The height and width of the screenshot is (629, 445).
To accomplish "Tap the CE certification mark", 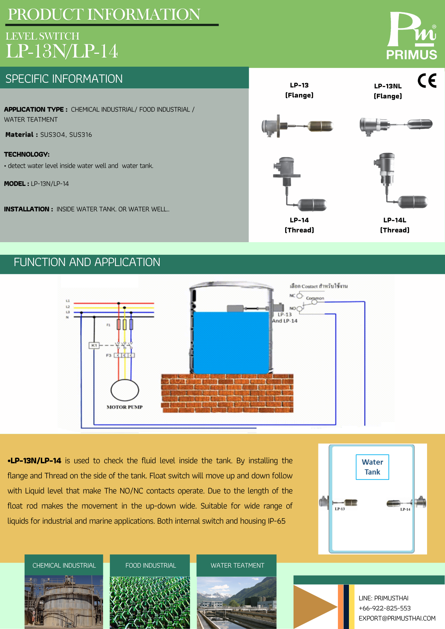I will [427, 81].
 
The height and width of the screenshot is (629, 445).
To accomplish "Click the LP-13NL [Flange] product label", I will [388, 91].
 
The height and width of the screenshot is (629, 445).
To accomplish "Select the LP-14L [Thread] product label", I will [395, 225].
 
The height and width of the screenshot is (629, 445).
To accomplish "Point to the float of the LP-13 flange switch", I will [320, 126].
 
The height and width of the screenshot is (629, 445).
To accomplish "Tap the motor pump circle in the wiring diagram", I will [125, 390].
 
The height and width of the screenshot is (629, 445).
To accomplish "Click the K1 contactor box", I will [94, 345].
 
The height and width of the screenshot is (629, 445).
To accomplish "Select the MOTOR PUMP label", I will [125, 407].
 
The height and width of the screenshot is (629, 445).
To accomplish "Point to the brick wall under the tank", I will [227, 393].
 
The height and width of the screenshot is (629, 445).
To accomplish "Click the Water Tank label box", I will [372, 467].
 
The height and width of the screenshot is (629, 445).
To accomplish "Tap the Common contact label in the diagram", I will [315, 298].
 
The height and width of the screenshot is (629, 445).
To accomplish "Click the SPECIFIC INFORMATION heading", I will [64, 79].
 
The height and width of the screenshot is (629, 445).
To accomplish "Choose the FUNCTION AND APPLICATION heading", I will [87, 262].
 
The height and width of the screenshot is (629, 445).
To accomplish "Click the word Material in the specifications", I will [20, 135].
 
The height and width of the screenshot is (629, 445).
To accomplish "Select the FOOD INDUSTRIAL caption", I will [151, 565].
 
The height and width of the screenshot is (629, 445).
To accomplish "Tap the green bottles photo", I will [150, 602].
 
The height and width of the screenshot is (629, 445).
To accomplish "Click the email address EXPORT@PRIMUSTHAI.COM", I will [397, 618].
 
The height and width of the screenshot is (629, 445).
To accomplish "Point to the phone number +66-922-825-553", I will [385, 608].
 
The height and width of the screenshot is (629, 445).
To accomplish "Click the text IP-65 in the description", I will [277, 521].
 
